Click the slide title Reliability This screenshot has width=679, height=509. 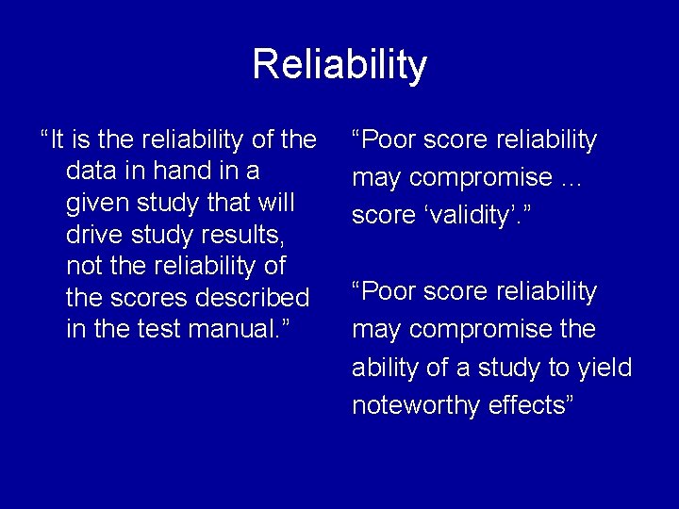[x=339, y=65]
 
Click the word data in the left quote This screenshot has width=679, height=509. [x=91, y=172]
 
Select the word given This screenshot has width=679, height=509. [x=96, y=204]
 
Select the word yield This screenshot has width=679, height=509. [x=601, y=367]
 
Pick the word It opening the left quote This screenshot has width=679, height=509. [x=57, y=140]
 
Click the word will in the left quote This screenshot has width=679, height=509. [x=273, y=204]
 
